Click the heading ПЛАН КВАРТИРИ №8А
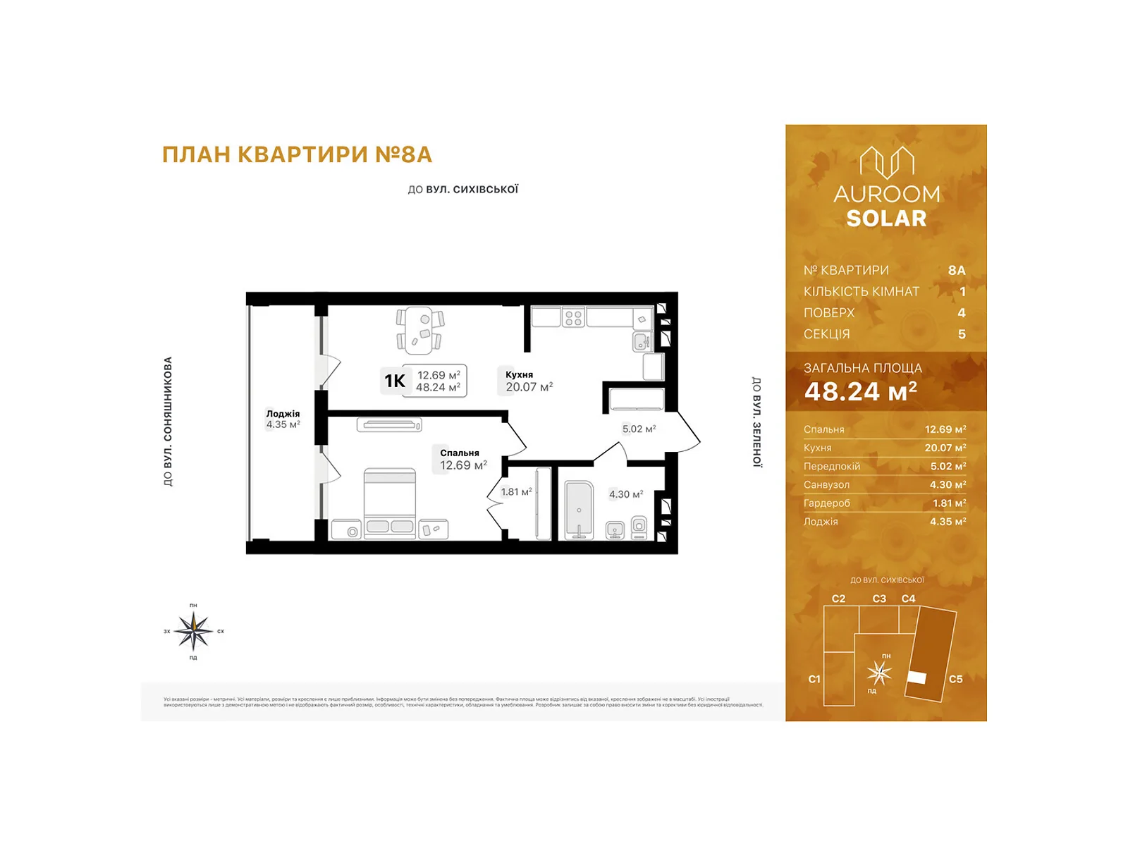coord(297,154)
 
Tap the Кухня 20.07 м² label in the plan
coord(528,381)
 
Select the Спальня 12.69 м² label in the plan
coord(462,460)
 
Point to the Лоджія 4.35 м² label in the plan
coord(283,419)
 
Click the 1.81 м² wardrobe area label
coord(516,492)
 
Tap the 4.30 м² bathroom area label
coord(625,494)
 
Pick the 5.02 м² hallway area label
coord(639,429)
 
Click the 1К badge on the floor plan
coord(395,381)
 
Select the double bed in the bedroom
coord(389,503)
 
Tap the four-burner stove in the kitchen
coord(573,318)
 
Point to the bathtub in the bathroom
coord(579,510)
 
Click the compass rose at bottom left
coord(193,631)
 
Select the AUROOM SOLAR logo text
coord(886,206)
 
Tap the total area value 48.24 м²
coord(860,391)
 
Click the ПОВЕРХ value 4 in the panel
coord(961,313)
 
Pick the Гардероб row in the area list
coord(884,503)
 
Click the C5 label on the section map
coord(955,679)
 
